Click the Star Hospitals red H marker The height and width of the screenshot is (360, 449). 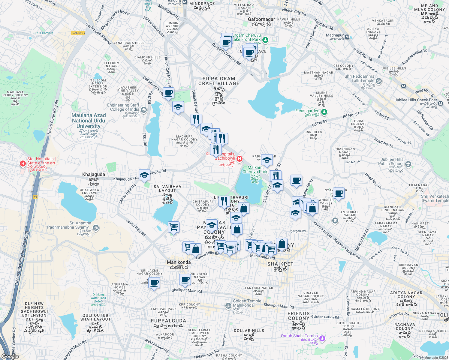point(22,163)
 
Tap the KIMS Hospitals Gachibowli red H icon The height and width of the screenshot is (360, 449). point(239,159)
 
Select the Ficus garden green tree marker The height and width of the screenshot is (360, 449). point(324,112)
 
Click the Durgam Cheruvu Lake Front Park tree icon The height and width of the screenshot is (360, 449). point(265,40)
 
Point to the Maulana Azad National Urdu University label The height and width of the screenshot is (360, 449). point(89,121)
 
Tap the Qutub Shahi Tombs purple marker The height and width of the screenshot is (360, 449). point(322,339)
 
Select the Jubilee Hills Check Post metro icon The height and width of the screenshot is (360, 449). point(440,103)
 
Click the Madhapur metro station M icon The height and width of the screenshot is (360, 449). point(347,37)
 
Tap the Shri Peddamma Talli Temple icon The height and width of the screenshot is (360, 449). point(379,81)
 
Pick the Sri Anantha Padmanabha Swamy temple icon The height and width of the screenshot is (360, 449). point(95,228)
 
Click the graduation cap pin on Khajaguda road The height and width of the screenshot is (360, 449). point(144,175)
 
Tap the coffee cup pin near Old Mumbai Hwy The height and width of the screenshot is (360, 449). point(168,93)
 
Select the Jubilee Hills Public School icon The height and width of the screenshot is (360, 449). point(408,164)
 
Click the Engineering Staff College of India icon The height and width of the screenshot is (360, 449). point(143,110)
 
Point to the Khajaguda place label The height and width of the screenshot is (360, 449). point(94,174)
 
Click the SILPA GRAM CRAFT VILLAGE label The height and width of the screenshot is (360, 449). point(219,81)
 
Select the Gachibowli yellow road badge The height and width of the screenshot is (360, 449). point(78,33)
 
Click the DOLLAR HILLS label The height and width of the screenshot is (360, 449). point(249,331)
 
